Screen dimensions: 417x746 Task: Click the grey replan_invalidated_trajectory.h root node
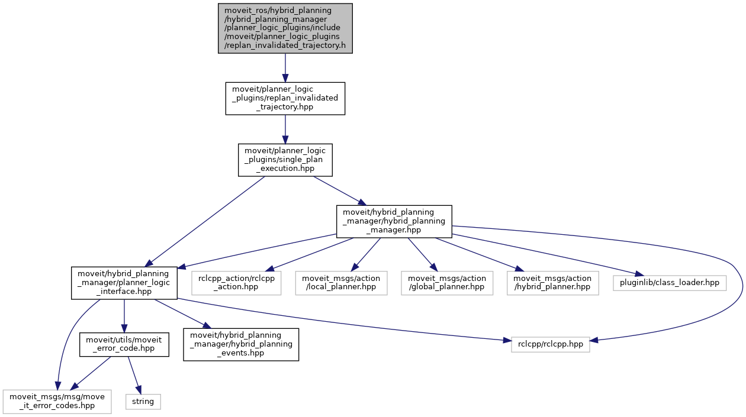click(x=285, y=28)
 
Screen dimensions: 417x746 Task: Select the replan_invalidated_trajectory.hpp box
click(x=285, y=98)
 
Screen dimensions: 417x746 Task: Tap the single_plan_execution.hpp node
click(x=285, y=160)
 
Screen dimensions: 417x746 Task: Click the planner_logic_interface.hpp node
click(x=124, y=283)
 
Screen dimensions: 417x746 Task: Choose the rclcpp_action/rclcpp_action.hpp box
click(x=236, y=283)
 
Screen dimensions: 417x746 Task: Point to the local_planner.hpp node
click(x=342, y=283)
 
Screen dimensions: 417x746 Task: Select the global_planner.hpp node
click(x=447, y=283)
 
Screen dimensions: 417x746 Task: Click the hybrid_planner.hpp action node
click(x=553, y=283)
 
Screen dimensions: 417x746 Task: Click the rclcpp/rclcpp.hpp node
click(x=550, y=344)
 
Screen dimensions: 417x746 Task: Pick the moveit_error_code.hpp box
click(x=124, y=344)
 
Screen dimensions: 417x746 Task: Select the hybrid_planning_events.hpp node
click(x=241, y=344)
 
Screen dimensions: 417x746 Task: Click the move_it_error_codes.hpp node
click(x=57, y=402)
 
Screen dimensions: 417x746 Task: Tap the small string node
click(x=143, y=402)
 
